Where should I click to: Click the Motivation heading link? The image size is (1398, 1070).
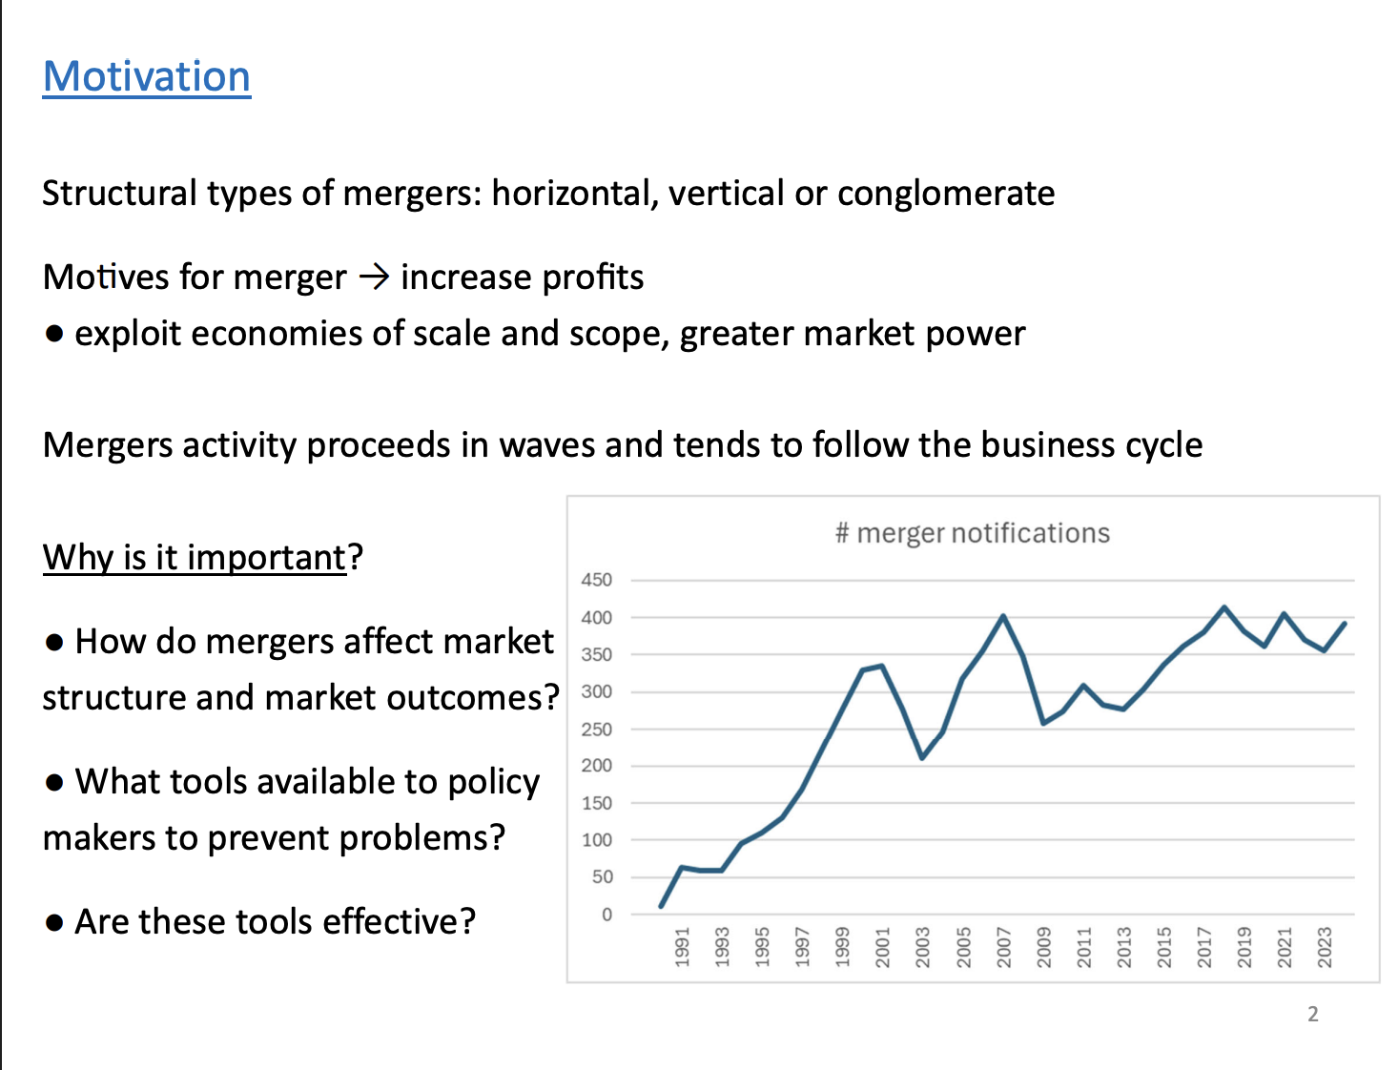[x=147, y=76]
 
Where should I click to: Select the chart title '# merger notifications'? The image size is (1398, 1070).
[x=973, y=533]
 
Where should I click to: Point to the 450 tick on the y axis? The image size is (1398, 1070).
[x=597, y=580]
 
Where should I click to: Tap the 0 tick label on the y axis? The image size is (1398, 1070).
[x=606, y=915]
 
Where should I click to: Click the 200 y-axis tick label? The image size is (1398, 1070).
[x=597, y=766]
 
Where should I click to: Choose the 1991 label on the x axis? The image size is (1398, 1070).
[x=682, y=947]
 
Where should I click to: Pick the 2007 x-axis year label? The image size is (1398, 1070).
[x=1003, y=947]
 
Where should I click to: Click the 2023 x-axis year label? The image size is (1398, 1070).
[x=1325, y=947]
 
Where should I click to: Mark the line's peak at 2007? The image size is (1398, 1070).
[x=1003, y=616]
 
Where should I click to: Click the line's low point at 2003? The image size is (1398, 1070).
[x=922, y=758]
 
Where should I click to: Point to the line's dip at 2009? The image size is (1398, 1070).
[x=1043, y=723]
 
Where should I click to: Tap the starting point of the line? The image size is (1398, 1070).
[x=661, y=906]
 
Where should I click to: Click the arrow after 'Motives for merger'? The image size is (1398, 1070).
[x=374, y=278]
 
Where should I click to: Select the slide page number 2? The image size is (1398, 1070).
[x=1313, y=1014]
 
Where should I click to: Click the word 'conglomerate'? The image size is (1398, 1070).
[x=946, y=194]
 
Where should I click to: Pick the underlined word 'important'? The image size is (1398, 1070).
[x=266, y=558]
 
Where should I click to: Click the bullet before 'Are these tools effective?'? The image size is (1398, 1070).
[x=54, y=923]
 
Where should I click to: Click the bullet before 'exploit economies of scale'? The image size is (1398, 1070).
[x=54, y=334]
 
